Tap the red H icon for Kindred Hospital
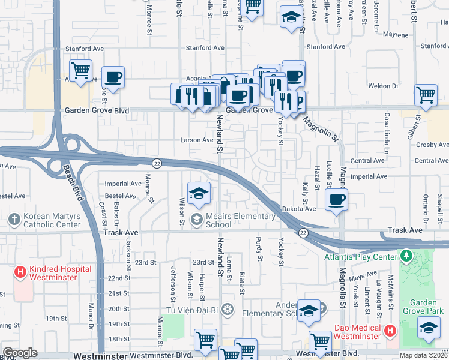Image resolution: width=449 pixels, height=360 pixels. pyautogui.click(x=20, y=272)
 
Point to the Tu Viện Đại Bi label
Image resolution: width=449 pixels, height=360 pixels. pyautogui.click(x=192, y=310)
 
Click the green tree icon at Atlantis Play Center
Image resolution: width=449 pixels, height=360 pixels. pyautogui.click(x=406, y=257)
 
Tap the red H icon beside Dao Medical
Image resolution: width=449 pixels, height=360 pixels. pyautogui.click(x=389, y=331)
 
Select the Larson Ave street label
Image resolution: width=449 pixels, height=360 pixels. pyautogui.click(x=197, y=140)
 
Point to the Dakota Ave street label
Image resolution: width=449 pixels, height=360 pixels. pyautogui.click(x=299, y=208)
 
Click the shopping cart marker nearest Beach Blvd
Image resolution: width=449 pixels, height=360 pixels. pyautogui.click(x=80, y=70)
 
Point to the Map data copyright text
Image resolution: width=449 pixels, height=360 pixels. pyautogui.click(x=423, y=355)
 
